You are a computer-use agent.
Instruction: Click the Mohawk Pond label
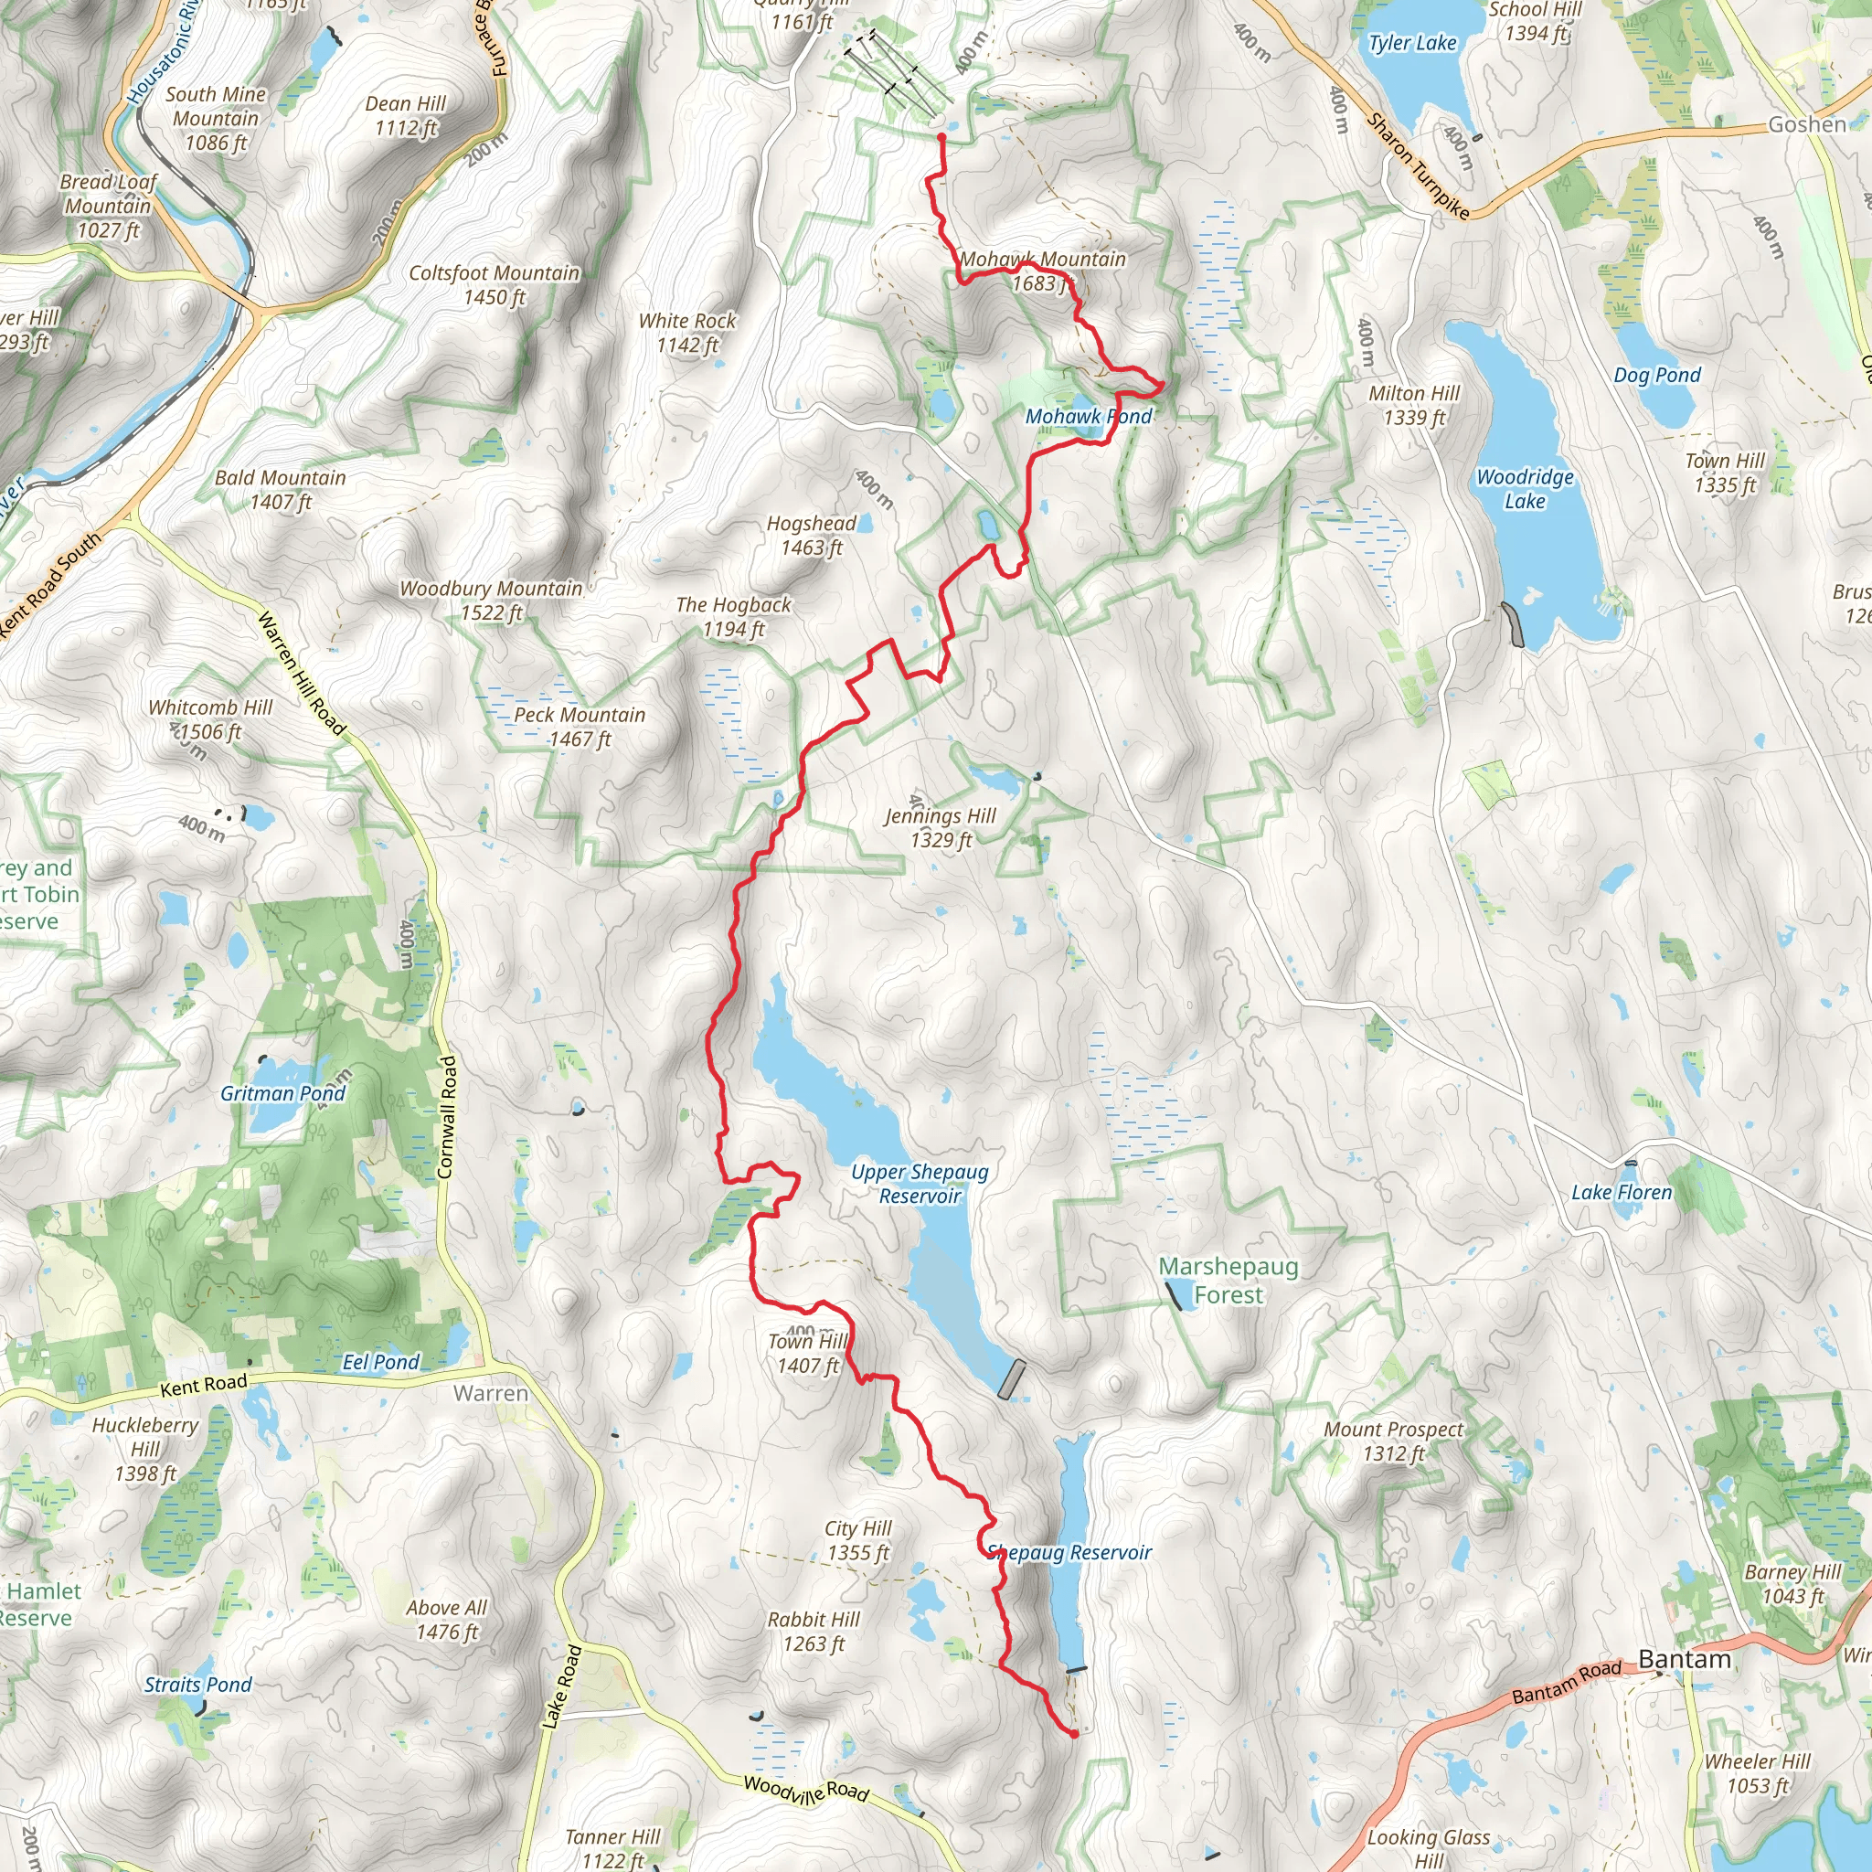click(1088, 417)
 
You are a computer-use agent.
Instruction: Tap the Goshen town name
click(1806, 124)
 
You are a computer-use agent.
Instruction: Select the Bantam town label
click(1684, 1659)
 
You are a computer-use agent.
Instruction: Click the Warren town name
click(490, 1393)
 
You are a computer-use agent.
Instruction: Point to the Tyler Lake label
click(1411, 44)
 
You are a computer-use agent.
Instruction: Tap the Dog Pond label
click(1657, 375)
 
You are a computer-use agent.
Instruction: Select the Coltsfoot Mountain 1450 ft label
click(495, 285)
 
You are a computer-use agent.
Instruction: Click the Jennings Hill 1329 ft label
click(940, 827)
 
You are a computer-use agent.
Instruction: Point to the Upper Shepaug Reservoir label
click(920, 1183)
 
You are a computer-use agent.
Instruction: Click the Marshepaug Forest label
click(1228, 1280)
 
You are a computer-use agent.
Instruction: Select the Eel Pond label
click(381, 1361)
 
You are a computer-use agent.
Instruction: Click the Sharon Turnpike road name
click(1417, 165)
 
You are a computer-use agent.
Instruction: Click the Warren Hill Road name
click(301, 673)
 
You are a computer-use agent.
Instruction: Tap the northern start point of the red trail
click(941, 138)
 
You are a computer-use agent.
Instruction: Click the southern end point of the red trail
click(1074, 1733)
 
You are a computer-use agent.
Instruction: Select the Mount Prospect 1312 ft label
click(1393, 1441)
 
